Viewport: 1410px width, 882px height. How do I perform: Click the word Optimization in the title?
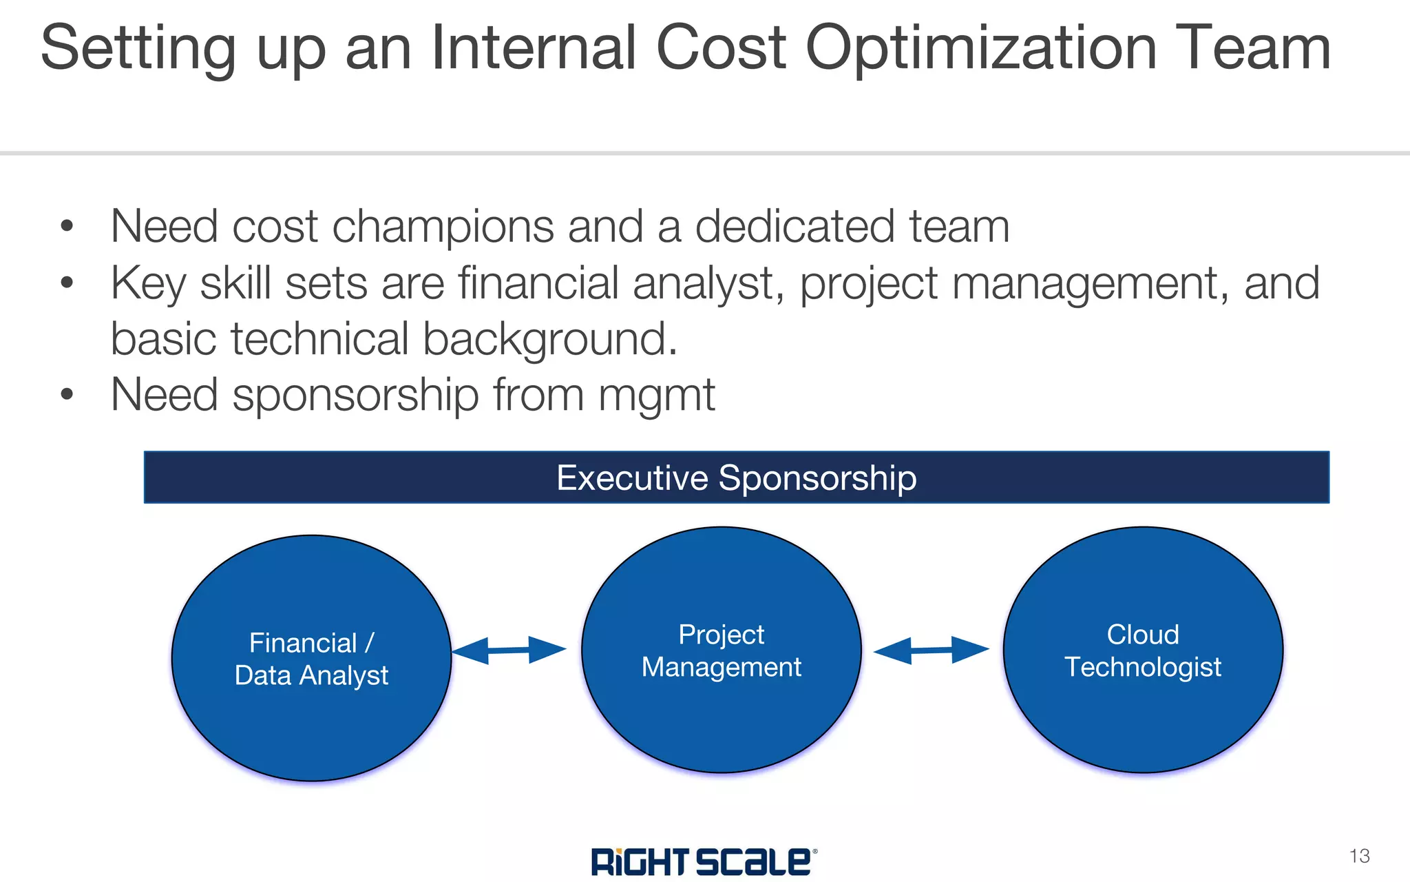[981, 48]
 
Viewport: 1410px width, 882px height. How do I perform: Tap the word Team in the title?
[1253, 48]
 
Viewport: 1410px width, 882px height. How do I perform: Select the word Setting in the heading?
[138, 48]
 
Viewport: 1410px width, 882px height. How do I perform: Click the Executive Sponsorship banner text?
[736, 478]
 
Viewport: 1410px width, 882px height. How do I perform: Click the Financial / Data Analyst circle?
[311, 658]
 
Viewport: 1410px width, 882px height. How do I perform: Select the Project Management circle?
[722, 650]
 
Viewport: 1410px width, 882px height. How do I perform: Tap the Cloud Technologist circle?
[1143, 650]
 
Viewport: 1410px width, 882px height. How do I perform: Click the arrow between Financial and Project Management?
[509, 650]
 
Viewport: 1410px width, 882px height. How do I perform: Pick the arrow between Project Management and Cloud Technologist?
[931, 650]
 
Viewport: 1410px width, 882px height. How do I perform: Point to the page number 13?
[1359, 856]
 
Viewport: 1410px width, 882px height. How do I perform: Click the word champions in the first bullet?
[443, 227]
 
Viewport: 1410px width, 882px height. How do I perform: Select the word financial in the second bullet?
[538, 283]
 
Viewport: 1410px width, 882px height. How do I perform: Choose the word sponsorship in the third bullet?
[355, 396]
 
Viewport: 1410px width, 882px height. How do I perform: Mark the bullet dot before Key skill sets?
[67, 283]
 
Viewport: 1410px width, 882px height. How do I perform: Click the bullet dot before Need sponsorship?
[67, 395]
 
